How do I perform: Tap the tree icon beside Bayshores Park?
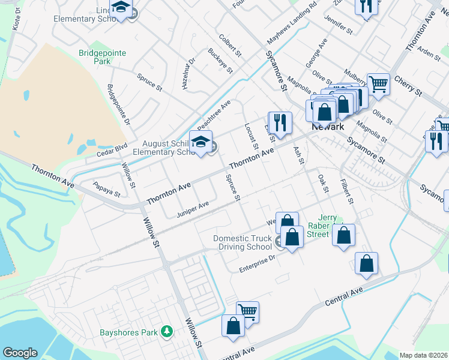(166, 332)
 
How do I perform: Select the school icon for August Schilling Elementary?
(201, 142)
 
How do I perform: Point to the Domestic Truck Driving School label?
(243, 242)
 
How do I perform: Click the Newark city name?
(328, 127)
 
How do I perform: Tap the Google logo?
(20, 353)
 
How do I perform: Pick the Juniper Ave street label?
(193, 208)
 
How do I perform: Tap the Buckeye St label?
(221, 61)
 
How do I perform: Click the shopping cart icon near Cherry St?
(378, 84)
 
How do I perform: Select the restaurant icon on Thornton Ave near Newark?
(280, 123)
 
